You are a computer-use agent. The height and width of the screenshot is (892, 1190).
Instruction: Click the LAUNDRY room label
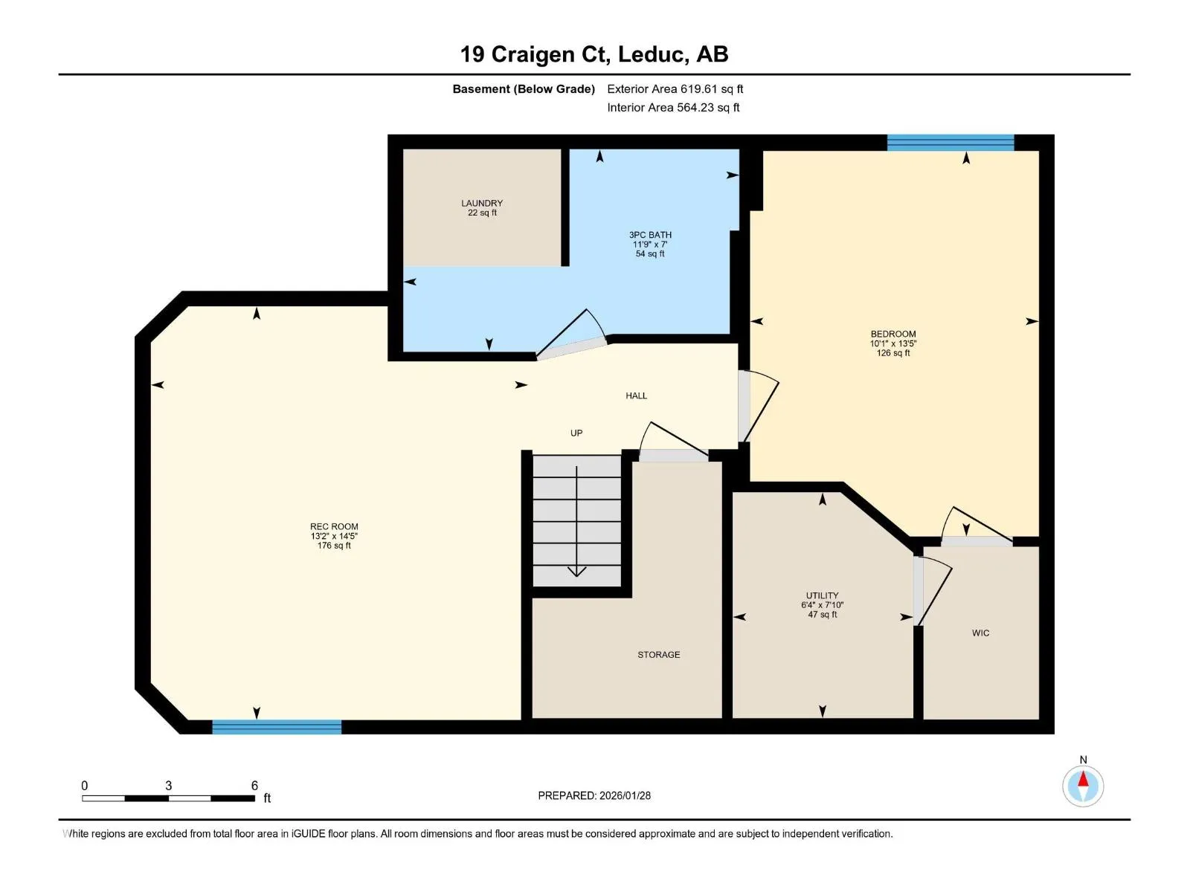pos(482,203)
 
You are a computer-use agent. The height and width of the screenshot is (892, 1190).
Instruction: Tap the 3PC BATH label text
pos(650,235)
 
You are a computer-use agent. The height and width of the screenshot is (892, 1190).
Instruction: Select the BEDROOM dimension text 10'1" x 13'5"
pos(893,343)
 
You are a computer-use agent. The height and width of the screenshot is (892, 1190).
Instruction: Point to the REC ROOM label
pos(334,526)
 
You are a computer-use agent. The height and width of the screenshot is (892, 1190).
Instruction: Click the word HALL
pos(636,396)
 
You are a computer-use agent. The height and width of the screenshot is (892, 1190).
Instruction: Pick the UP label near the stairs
pos(576,433)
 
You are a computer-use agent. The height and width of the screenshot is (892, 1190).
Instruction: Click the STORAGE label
pos(658,655)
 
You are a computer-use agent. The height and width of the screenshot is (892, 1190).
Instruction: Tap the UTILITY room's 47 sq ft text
pos(823,615)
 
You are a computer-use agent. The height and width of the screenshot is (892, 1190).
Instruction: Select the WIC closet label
pos(980,633)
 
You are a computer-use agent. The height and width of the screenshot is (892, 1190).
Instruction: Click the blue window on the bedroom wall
pos(951,143)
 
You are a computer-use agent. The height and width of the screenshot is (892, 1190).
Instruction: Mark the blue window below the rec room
pos(277,728)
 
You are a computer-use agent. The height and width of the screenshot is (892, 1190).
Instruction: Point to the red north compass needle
pos(1083,779)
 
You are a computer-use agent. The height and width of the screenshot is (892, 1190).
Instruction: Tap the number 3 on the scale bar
pos(169,786)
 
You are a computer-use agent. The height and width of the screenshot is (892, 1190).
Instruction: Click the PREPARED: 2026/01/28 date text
pos(594,795)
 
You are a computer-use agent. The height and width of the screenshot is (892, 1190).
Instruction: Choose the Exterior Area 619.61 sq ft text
pos(675,89)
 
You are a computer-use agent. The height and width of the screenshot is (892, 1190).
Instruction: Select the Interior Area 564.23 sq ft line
pos(673,108)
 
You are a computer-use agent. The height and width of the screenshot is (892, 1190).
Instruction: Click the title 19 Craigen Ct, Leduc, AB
pos(594,55)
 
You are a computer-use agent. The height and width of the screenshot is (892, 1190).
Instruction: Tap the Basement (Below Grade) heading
pos(524,89)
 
